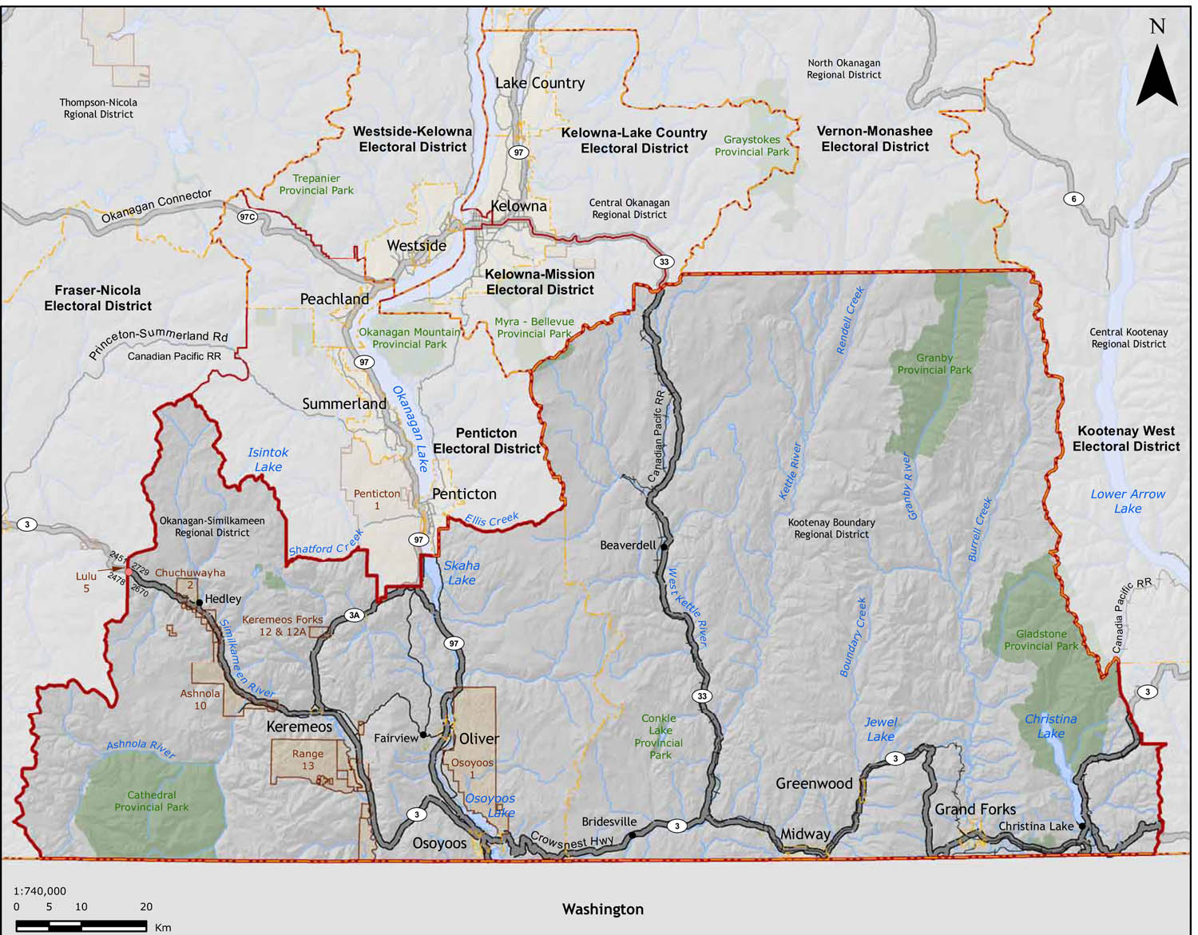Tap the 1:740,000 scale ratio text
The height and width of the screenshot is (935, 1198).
click(40, 891)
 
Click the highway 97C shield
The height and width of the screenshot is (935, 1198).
click(248, 217)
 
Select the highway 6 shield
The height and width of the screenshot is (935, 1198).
click(1073, 199)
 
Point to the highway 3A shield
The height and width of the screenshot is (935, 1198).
click(355, 615)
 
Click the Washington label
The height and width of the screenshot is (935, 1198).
click(602, 909)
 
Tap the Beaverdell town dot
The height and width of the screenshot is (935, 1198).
click(664, 547)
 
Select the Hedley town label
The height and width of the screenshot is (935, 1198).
click(223, 599)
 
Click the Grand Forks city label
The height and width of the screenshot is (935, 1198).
click(975, 809)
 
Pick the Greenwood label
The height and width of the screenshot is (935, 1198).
click(814, 783)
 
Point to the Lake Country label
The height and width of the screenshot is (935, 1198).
click(540, 83)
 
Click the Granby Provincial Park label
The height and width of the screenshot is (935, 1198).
click(934, 364)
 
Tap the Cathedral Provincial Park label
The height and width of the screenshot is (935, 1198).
click(151, 801)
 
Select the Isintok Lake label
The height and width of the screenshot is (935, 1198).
click(268, 459)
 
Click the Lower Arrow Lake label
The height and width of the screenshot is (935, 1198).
click(1128, 501)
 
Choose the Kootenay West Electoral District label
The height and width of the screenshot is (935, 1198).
click(1125, 438)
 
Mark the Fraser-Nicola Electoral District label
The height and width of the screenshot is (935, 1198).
click(97, 298)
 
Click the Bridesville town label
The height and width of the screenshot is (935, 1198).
click(609, 822)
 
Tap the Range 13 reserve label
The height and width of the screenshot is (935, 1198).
click(307, 759)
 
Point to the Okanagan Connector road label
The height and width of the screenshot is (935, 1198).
click(157, 207)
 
